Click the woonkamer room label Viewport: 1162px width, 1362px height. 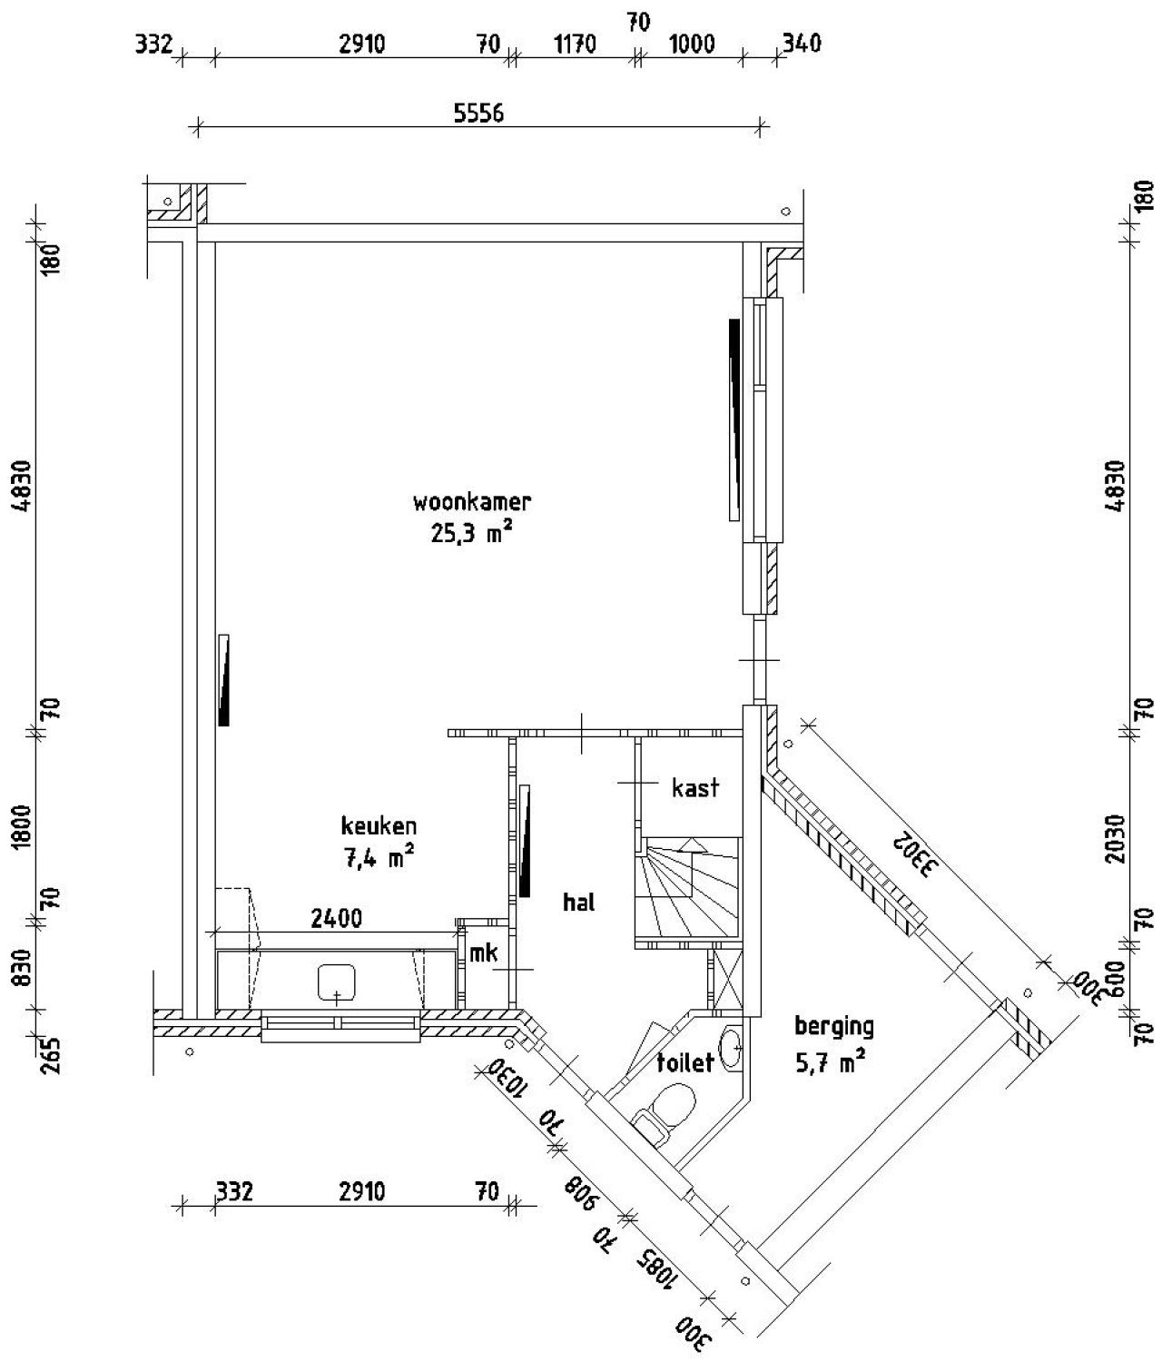coord(471,501)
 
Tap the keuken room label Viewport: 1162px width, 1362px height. coord(379,825)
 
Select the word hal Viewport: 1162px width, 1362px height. coord(578,902)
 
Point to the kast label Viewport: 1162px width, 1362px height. coord(695,787)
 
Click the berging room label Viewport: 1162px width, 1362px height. coord(833,1026)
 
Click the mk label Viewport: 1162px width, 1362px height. coord(483,952)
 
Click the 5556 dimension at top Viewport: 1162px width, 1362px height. coord(478,113)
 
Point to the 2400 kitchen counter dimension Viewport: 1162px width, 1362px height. coord(336,919)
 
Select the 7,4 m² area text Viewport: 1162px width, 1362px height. coord(379,857)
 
